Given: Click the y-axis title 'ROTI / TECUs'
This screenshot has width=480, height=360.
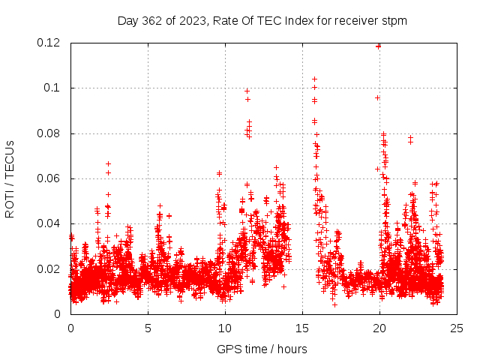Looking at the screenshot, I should pyautogui.click(x=10, y=178).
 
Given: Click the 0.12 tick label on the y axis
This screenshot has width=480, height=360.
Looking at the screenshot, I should pyautogui.click(x=49, y=43).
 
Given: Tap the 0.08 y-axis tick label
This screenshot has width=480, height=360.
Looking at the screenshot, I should pyautogui.click(x=49, y=133).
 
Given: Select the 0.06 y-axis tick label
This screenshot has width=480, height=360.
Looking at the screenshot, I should pyautogui.click(x=49, y=178).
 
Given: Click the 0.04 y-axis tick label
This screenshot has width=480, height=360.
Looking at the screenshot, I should pyautogui.click(x=49, y=223).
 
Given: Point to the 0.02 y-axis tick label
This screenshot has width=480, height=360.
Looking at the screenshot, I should pyautogui.click(x=49, y=268).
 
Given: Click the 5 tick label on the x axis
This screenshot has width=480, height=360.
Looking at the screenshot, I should pyautogui.click(x=148, y=328).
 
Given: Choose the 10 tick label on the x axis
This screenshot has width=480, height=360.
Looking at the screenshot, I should pyautogui.click(x=225, y=328).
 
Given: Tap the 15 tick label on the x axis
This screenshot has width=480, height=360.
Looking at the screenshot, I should pyautogui.click(x=302, y=328).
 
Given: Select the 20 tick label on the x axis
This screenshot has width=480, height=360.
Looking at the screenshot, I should pyautogui.click(x=379, y=328).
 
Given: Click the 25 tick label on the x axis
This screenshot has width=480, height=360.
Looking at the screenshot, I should pyautogui.click(x=457, y=328).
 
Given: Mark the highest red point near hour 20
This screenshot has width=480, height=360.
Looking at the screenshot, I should pyautogui.click(x=378, y=46).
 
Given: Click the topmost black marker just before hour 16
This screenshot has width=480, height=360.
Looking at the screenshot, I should pyautogui.click(x=314, y=79).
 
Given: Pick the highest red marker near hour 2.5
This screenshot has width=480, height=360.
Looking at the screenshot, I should pyautogui.click(x=108, y=163).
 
